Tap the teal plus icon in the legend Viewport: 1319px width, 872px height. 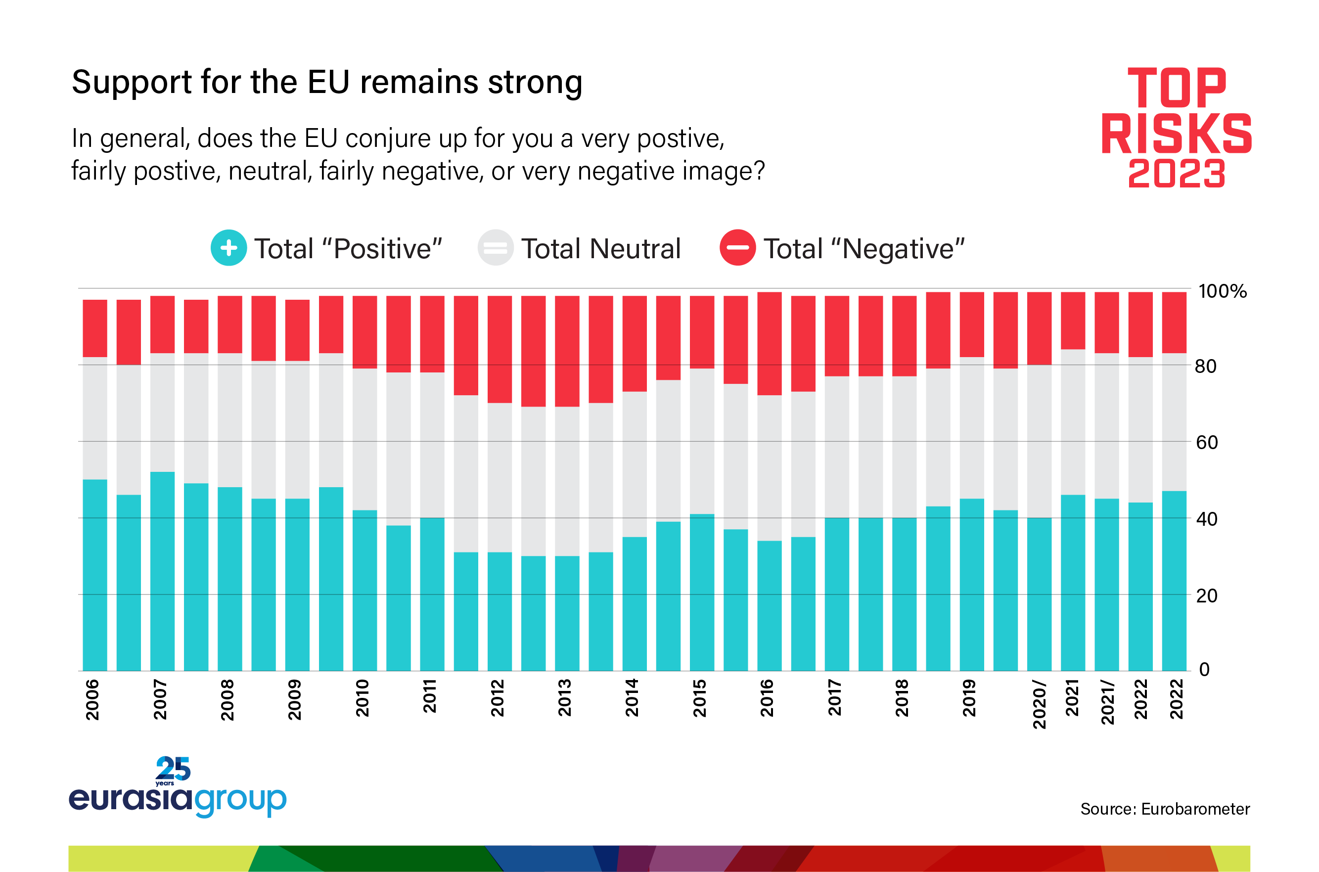(x=228, y=248)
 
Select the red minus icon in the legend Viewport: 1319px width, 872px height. (x=737, y=248)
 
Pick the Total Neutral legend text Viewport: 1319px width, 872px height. (x=600, y=249)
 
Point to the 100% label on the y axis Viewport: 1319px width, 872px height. (x=1222, y=291)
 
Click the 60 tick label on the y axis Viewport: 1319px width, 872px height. (x=1207, y=443)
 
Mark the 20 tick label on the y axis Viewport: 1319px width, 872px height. (x=1207, y=596)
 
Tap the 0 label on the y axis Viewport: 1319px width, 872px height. (x=1204, y=669)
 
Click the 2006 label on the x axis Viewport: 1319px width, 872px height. (x=92, y=699)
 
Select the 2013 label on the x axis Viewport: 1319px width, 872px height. (x=564, y=698)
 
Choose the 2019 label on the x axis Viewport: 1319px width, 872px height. (x=969, y=698)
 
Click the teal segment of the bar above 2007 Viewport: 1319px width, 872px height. (x=162, y=573)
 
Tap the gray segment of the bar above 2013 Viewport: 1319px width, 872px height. (x=567, y=481)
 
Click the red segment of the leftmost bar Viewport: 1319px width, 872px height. (x=95, y=328)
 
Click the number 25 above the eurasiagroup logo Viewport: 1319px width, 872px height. (x=173, y=769)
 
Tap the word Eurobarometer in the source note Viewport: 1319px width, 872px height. (x=1195, y=809)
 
